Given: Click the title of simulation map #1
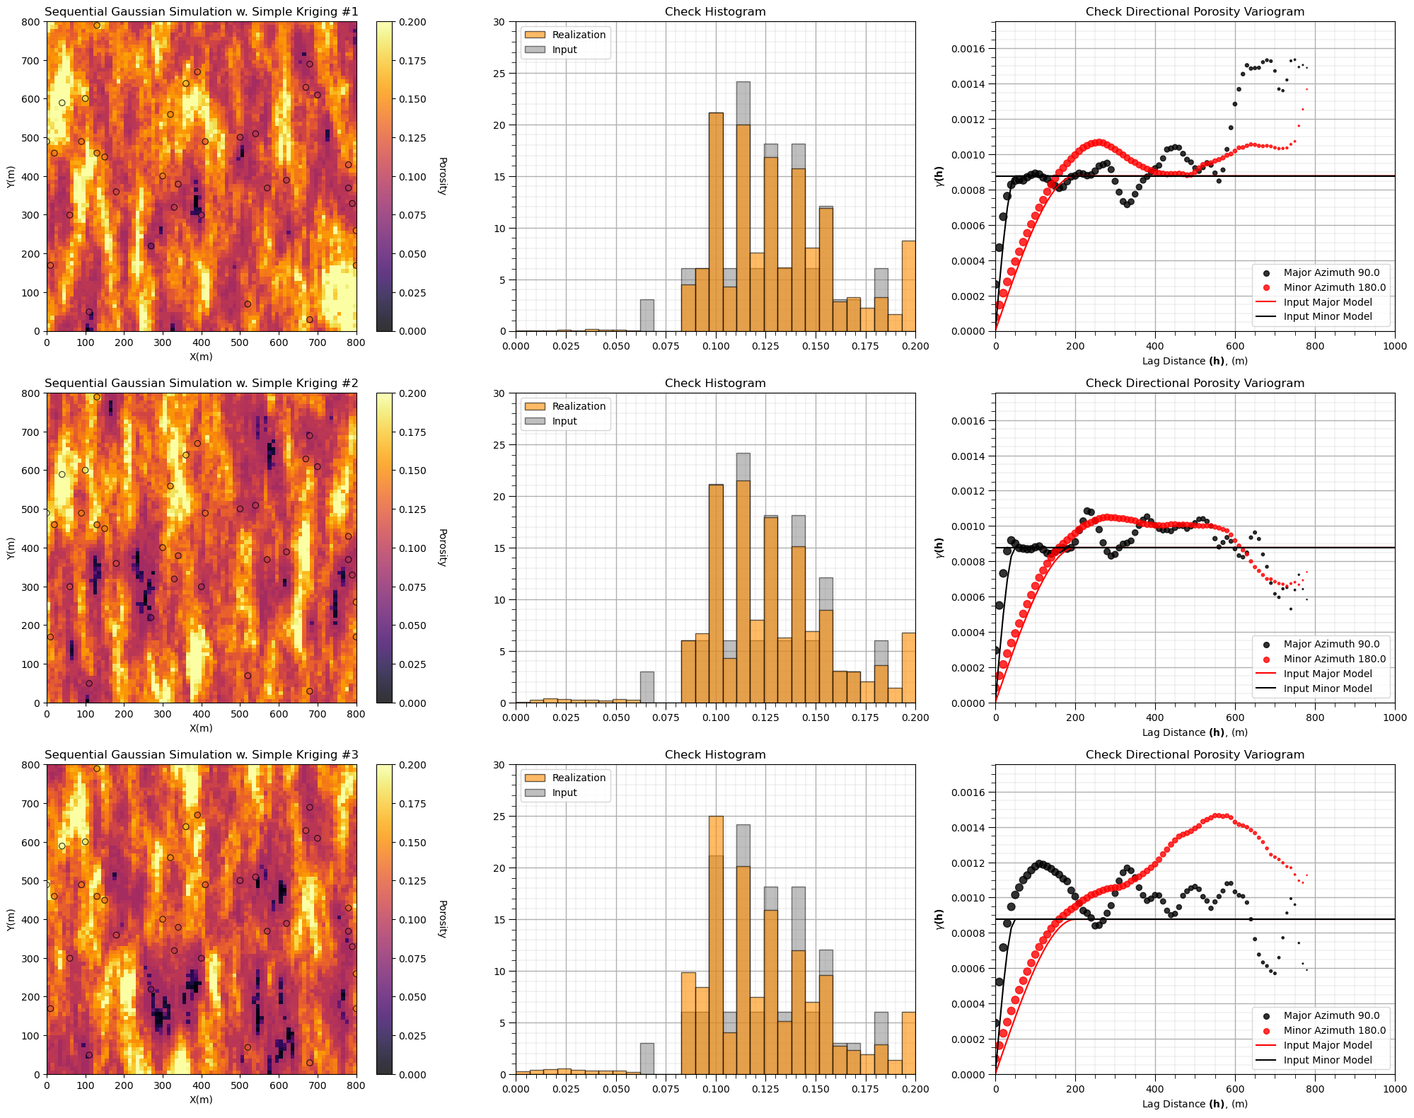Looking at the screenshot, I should (x=201, y=11).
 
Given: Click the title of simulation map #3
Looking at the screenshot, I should (x=201, y=755).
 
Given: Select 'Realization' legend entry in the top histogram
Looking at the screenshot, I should (x=578, y=35).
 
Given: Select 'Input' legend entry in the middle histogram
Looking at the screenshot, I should (x=564, y=421).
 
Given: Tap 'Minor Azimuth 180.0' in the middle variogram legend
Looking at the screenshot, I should (x=1334, y=659).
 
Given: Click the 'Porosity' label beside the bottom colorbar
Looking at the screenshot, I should (x=442, y=919).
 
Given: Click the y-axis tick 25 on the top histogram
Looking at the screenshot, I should (x=499, y=74).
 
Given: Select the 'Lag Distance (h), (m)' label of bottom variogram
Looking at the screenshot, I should (x=1195, y=1104).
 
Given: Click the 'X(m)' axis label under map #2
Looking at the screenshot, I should (x=201, y=728).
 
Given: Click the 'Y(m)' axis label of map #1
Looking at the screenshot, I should (x=11, y=176).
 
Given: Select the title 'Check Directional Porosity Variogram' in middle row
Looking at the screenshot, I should (x=1195, y=384).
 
